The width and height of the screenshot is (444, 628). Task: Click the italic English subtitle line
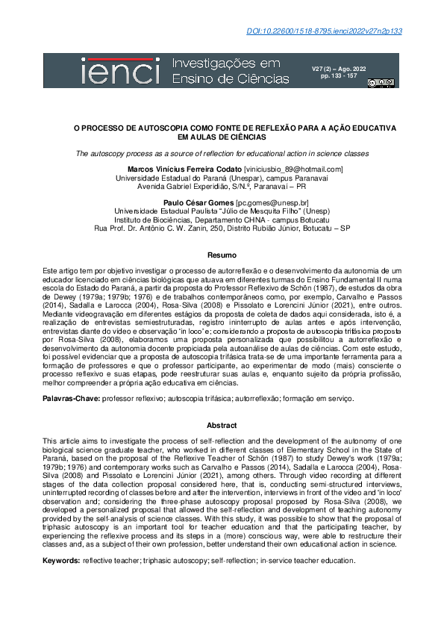[x=222, y=153]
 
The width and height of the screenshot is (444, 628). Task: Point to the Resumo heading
[x=222, y=255]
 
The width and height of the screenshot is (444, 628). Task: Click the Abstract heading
[x=222, y=425]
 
